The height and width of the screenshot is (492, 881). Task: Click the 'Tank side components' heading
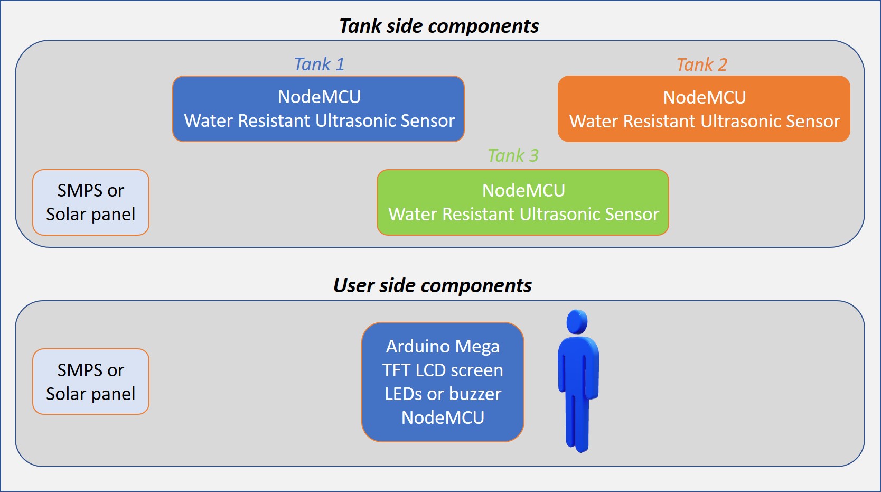439,26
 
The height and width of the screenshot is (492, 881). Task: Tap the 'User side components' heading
433,285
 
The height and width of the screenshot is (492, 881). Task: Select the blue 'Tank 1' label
319,64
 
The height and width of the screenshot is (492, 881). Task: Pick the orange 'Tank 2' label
702,65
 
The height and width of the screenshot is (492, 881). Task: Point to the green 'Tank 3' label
513,156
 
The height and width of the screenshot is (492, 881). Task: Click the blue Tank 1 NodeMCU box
318,109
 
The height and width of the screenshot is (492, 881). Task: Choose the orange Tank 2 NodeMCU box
704,109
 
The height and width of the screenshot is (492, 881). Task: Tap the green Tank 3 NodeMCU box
522,202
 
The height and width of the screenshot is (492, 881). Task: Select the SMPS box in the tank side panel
91,202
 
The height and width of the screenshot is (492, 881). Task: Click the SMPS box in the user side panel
91,382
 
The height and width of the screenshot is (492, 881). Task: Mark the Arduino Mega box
443,382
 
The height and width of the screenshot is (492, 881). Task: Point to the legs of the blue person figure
577,423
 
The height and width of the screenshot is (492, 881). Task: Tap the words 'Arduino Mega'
443,347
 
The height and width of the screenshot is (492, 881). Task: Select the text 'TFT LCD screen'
443,370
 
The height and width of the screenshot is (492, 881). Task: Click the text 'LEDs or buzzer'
443,394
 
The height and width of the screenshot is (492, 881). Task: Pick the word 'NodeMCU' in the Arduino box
443,418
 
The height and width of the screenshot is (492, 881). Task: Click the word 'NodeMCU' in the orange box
705,98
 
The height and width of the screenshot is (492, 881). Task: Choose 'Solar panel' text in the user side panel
91,394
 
